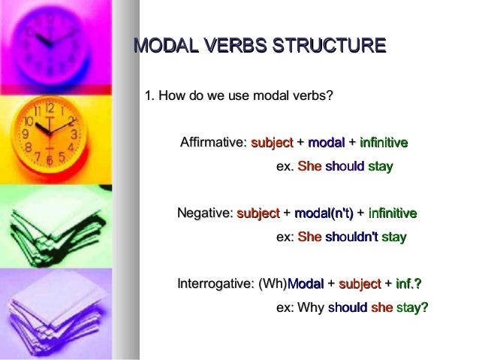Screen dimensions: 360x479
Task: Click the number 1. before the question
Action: (x=149, y=95)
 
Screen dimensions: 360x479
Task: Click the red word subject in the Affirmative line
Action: (x=273, y=143)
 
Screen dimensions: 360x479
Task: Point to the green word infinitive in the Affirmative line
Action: (x=384, y=143)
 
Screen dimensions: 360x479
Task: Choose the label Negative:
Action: (x=205, y=214)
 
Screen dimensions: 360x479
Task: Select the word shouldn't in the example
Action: (x=351, y=237)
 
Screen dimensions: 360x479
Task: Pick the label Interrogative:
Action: (x=215, y=285)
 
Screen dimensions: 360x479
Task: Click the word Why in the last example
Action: (x=311, y=308)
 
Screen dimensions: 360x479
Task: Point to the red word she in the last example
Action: (x=381, y=308)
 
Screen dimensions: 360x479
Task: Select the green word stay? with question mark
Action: (x=412, y=308)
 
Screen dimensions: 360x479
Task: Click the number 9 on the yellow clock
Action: (x=24, y=134)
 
